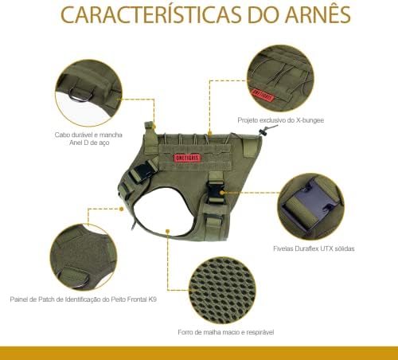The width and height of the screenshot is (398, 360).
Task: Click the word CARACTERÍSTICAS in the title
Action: click(x=151, y=14)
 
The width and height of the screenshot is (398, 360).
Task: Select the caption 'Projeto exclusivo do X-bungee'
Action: click(x=281, y=120)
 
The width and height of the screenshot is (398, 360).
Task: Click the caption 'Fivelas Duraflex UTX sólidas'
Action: click(x=314, y=248)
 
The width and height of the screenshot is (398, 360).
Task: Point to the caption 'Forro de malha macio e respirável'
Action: click(x=226, y=332)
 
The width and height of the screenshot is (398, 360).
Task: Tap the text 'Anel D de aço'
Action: click(x=89, y=143)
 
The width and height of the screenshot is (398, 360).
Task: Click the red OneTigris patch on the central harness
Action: click(x=187, y=158)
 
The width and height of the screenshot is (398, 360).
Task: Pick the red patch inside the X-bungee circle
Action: click(x=263, y=96)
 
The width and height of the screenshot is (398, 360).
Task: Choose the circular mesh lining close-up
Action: click(x=222, y=290)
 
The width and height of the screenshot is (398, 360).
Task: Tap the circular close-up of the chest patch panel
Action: click(x=84, y=257)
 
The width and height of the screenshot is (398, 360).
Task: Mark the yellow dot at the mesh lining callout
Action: click(x=167, y=232)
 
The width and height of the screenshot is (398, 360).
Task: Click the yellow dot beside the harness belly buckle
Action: click(x=222, y=192)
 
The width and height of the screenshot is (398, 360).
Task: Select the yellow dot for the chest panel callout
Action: click(x=121, y=209)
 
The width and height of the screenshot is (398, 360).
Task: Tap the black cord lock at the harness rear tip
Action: click(x=262, y=132)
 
